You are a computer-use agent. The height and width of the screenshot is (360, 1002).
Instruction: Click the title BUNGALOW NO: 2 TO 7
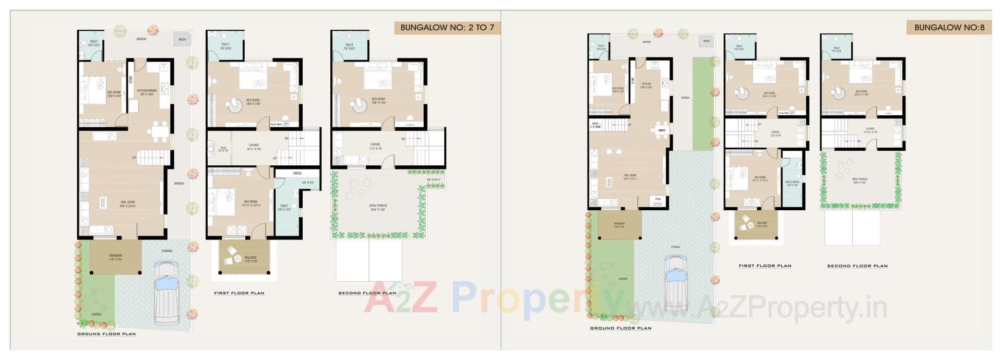(447, 27)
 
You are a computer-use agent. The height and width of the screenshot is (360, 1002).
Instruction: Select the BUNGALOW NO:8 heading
(949, 27)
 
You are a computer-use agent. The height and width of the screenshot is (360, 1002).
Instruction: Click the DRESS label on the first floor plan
(297, 173)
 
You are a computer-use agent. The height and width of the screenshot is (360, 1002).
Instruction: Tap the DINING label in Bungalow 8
(662, 130)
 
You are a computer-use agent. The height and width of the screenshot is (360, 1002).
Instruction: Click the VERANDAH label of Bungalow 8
(619, 223)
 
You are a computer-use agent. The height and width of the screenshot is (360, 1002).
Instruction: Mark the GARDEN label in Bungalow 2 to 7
(97, 315)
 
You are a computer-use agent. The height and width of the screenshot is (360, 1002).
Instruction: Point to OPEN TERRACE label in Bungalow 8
(860, 179)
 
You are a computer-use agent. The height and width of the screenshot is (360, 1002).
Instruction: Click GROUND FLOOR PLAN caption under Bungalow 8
(621, 329)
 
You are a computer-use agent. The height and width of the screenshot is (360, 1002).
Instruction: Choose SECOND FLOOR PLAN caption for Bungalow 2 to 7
(367, 293)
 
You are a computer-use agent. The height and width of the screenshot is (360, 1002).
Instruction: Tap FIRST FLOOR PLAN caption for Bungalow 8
(765, 266)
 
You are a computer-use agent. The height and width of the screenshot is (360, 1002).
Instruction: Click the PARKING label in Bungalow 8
(675, 247)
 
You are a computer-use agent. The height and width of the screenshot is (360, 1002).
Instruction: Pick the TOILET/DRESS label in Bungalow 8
(792, 182)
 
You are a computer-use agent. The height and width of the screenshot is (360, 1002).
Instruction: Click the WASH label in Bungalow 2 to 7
(182, 39)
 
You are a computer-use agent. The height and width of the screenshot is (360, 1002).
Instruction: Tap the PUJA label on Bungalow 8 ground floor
(658, 199)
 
